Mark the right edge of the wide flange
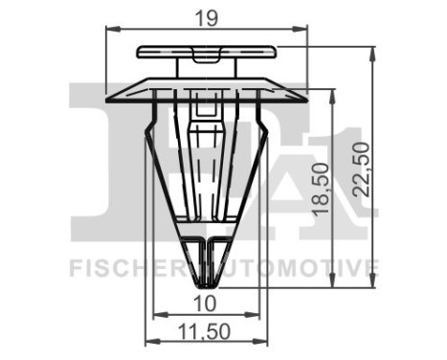pyautogui.click(x=306, y=95)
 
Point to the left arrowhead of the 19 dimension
pyautogui.click(x=107, y=29)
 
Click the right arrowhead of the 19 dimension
pyautogui.click(x=305, y=29)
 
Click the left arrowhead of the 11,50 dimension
pyautogui.click(x=147, y=342)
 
